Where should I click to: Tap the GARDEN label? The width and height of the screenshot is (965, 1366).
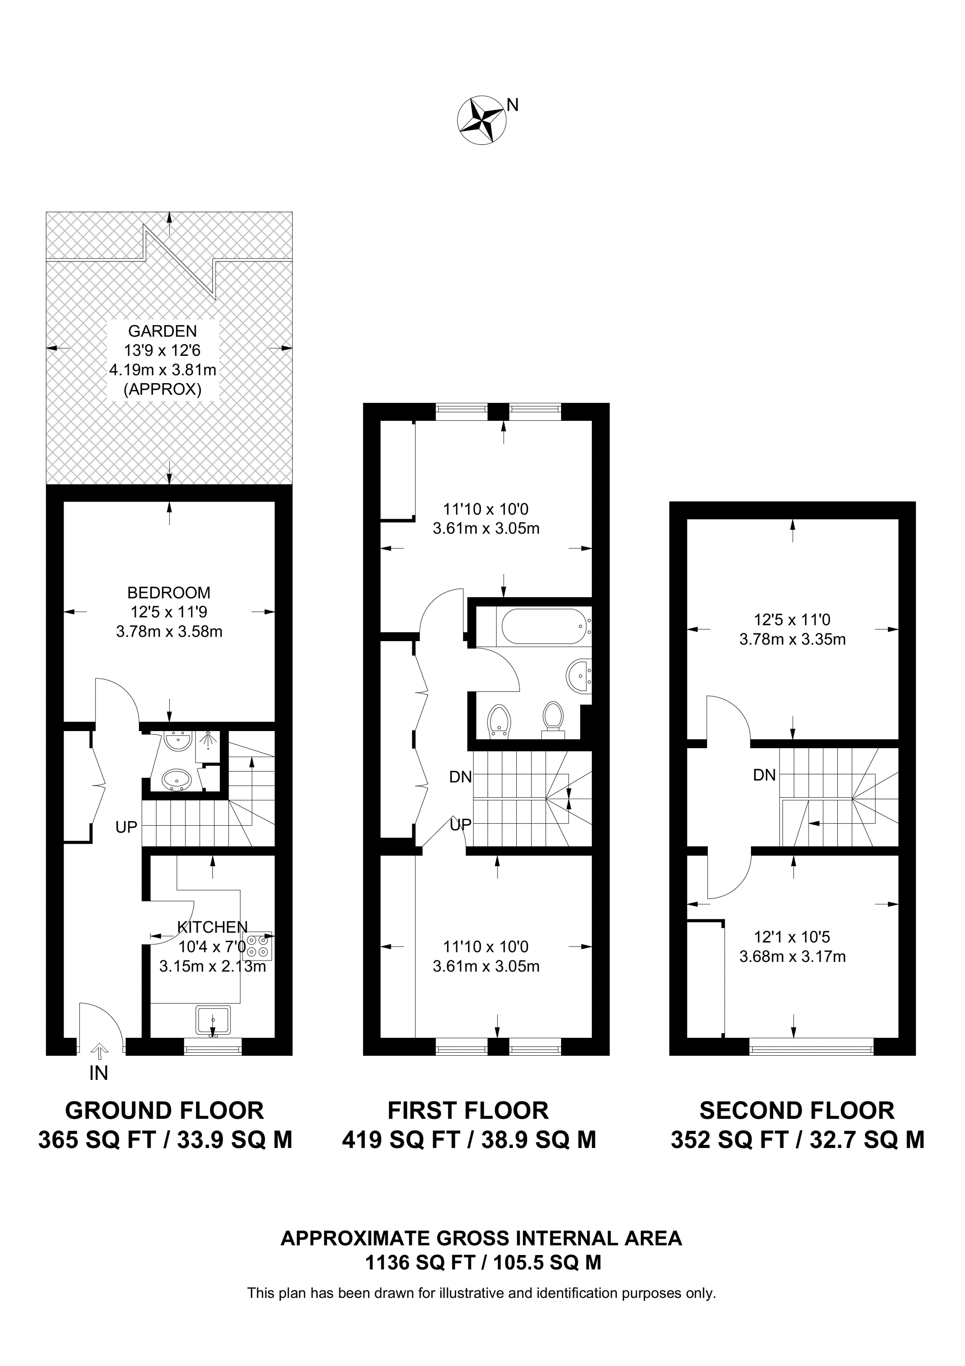click(162, 331)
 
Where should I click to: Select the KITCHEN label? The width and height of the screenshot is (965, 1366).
click(212, 926)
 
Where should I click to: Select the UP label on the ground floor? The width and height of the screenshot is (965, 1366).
click(126, 827)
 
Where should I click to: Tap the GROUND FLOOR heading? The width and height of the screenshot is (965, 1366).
click(164, 1111)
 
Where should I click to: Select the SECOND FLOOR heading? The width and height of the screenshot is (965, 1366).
click(797, 1111)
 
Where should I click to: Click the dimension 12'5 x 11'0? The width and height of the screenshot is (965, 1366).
click(792, 620)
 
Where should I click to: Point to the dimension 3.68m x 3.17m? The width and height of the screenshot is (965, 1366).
click(792, 957)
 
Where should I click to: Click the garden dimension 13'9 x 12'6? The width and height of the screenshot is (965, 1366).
click(162, 351)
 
